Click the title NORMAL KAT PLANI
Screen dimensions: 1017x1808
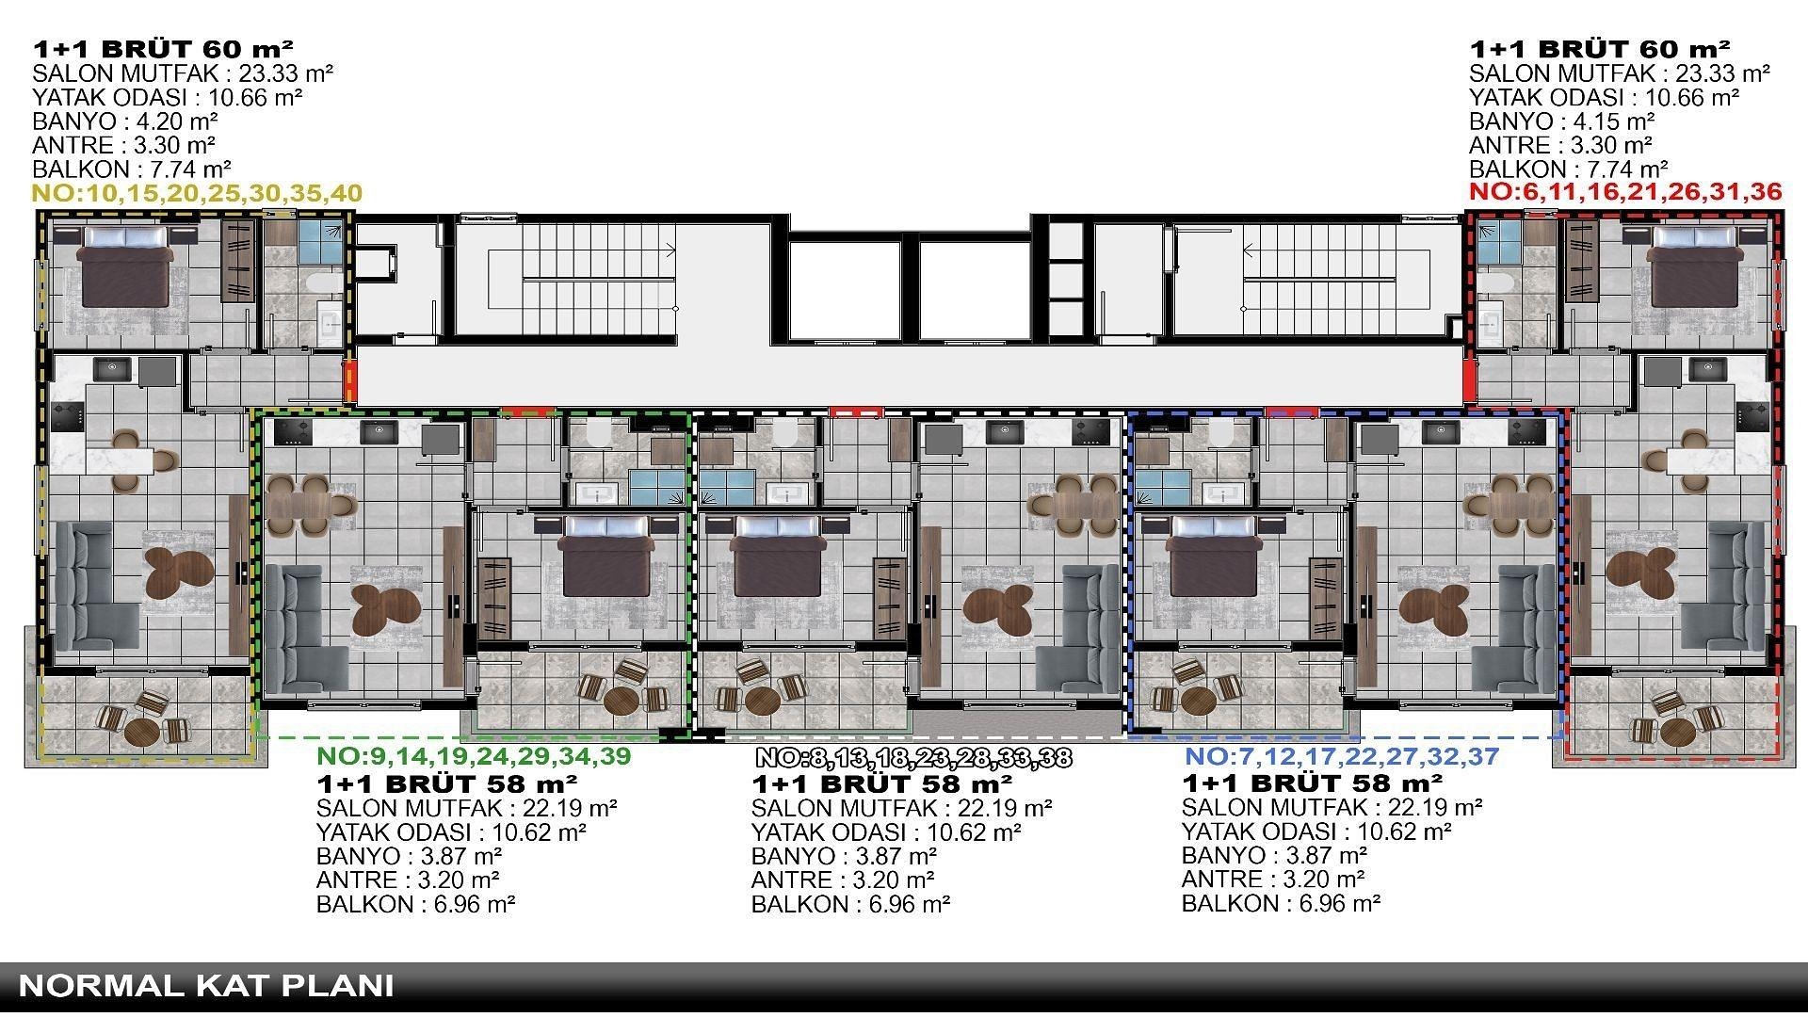206,986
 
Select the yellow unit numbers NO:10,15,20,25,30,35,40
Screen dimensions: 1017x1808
197,194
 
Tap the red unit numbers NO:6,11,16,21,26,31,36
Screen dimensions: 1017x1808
1625,192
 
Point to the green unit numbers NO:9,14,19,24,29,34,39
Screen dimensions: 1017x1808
474,755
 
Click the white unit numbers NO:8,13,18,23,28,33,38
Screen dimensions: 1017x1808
913,757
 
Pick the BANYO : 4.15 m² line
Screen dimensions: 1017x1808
1562,121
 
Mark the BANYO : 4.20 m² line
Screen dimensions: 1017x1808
125,121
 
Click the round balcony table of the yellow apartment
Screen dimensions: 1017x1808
142,731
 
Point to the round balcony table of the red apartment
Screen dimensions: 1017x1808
1677,731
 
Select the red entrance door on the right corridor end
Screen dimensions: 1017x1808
1469,379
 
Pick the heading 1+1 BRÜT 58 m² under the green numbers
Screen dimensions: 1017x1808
447,783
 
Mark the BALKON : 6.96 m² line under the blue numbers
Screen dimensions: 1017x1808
1281,903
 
